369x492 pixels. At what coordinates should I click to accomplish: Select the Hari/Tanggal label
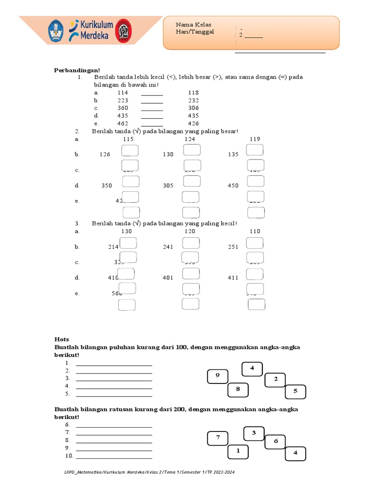pos(195,32)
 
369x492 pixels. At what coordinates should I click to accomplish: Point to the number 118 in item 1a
pos(193,92)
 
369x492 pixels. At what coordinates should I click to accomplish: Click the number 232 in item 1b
pos(193,100)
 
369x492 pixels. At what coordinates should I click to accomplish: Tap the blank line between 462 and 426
pos(152,123)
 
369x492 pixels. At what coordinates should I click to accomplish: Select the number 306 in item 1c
pos(193,108)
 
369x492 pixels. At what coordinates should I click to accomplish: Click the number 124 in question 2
pos(190,139)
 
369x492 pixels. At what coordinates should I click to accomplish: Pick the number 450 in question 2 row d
pos(233,185)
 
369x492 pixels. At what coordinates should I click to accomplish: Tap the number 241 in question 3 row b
pos(168,247)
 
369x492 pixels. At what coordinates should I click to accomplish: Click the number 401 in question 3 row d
pos(168,278)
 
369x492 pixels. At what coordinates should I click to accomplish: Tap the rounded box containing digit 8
pos(237,390)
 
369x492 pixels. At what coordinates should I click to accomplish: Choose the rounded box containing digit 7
pos(218,438)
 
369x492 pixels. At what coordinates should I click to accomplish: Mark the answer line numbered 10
pos(114,455)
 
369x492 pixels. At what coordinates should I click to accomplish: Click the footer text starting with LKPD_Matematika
pos(149,472)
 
